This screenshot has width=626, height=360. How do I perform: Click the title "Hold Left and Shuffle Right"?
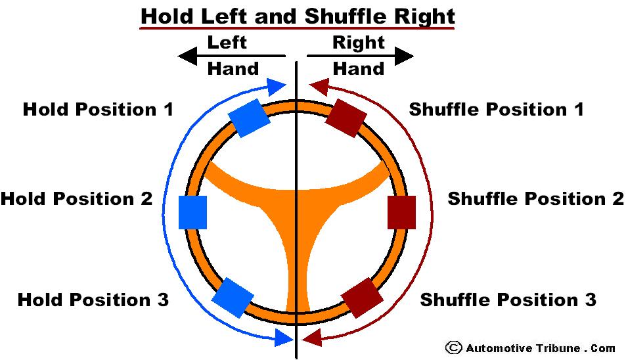pos(297,15)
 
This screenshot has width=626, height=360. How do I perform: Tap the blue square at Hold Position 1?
pos(250,118)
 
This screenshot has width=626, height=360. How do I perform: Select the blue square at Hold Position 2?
pos(193,212)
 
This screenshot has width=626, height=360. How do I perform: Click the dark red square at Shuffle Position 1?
pos(346,118)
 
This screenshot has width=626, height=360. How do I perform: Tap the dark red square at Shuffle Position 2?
pos(401,212)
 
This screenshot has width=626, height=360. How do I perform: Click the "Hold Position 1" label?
pos(99,109)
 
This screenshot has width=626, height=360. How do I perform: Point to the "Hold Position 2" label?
pos(77,198)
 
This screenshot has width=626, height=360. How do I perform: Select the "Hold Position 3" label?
pos(93,300)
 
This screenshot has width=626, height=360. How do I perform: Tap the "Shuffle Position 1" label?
pos(496,109)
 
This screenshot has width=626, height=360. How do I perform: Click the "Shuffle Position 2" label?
pos(535,198)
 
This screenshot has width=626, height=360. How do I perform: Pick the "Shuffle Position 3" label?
pos(508,300)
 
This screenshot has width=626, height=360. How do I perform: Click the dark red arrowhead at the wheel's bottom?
pos(313,338)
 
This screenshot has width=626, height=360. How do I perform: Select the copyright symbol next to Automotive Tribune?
pos(453,348)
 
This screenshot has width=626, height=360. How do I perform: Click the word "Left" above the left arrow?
pos(227,43)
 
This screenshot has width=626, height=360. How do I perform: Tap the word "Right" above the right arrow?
pos(358,43)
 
